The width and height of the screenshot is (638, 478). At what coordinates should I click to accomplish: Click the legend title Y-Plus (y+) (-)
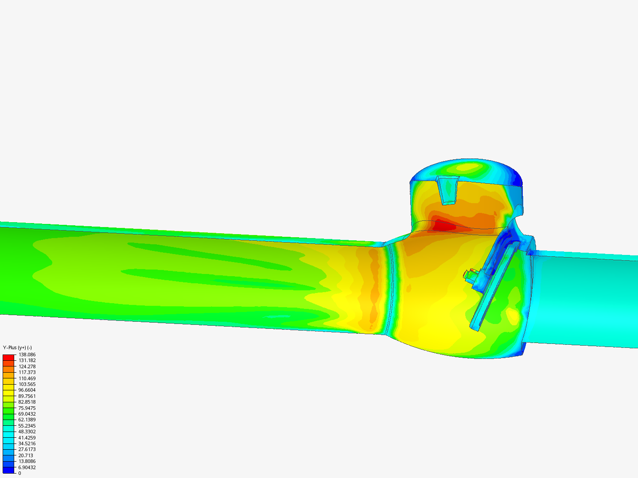click(x=17, y=347)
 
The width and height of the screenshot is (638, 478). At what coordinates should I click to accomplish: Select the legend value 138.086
click(x=27, y=355)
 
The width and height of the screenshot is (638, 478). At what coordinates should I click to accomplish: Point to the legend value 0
click(x=20, y=473)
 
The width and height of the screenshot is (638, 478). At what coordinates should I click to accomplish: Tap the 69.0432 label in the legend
click(x=27, y=414)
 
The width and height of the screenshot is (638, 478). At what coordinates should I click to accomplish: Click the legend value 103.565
click(x=27, y=384)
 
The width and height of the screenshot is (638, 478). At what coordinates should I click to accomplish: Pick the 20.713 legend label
click(x=26, y=455)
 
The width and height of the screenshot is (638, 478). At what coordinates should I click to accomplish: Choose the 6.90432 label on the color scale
click(x=27, y=467)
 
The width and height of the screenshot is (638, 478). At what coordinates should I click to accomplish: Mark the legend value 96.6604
click(x=27, y=390)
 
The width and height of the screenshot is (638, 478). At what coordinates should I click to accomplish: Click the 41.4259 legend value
click(x=27, y=438)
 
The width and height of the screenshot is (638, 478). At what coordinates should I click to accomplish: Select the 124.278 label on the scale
click(x=27, y=366)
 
